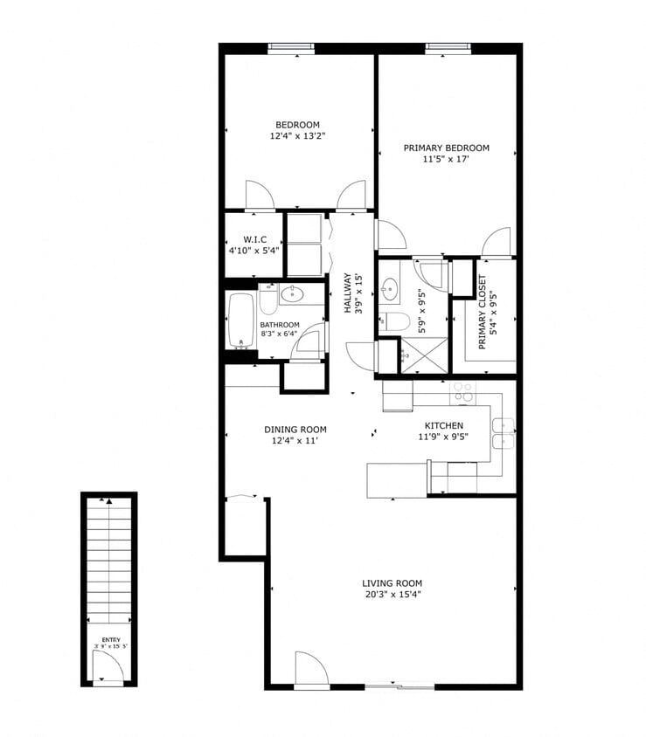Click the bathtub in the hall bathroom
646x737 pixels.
pyautogui.click(x=240, y=320)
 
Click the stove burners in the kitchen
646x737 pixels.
pyautogui.click(x=462, y=392)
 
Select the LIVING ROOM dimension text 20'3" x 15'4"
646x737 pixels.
pyautogui.click(x=392, y=596)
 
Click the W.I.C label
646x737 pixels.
pyautogui.click(x=254, y=238)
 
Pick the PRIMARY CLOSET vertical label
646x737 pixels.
pyautogui.click(x=482, y=312)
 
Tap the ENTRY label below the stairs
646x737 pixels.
pyautogui.click(x=110, y=639)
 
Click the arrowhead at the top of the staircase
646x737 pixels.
pyautogui.click(x=108, y=501)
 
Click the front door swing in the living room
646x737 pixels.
pyautogui.click(x=310, y=668)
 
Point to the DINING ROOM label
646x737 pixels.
pyautogui.click(x=295, y=429)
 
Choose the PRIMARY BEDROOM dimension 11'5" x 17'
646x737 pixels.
pyautogui.click(x=446, y=160)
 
